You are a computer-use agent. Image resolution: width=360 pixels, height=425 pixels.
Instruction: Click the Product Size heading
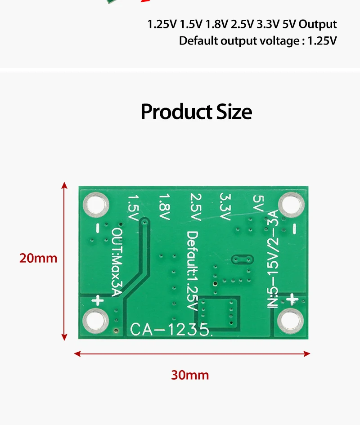196,112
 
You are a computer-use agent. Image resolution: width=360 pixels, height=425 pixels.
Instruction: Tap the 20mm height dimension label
38,258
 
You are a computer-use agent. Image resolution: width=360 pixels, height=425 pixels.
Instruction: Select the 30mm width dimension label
190,375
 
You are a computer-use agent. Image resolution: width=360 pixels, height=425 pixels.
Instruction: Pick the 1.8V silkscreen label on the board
165,207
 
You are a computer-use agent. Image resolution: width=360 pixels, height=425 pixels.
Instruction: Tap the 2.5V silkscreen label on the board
195,207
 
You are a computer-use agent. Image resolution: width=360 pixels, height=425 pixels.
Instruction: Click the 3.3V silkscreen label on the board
225,207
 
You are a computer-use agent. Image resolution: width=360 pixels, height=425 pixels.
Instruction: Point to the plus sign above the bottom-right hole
293,300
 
